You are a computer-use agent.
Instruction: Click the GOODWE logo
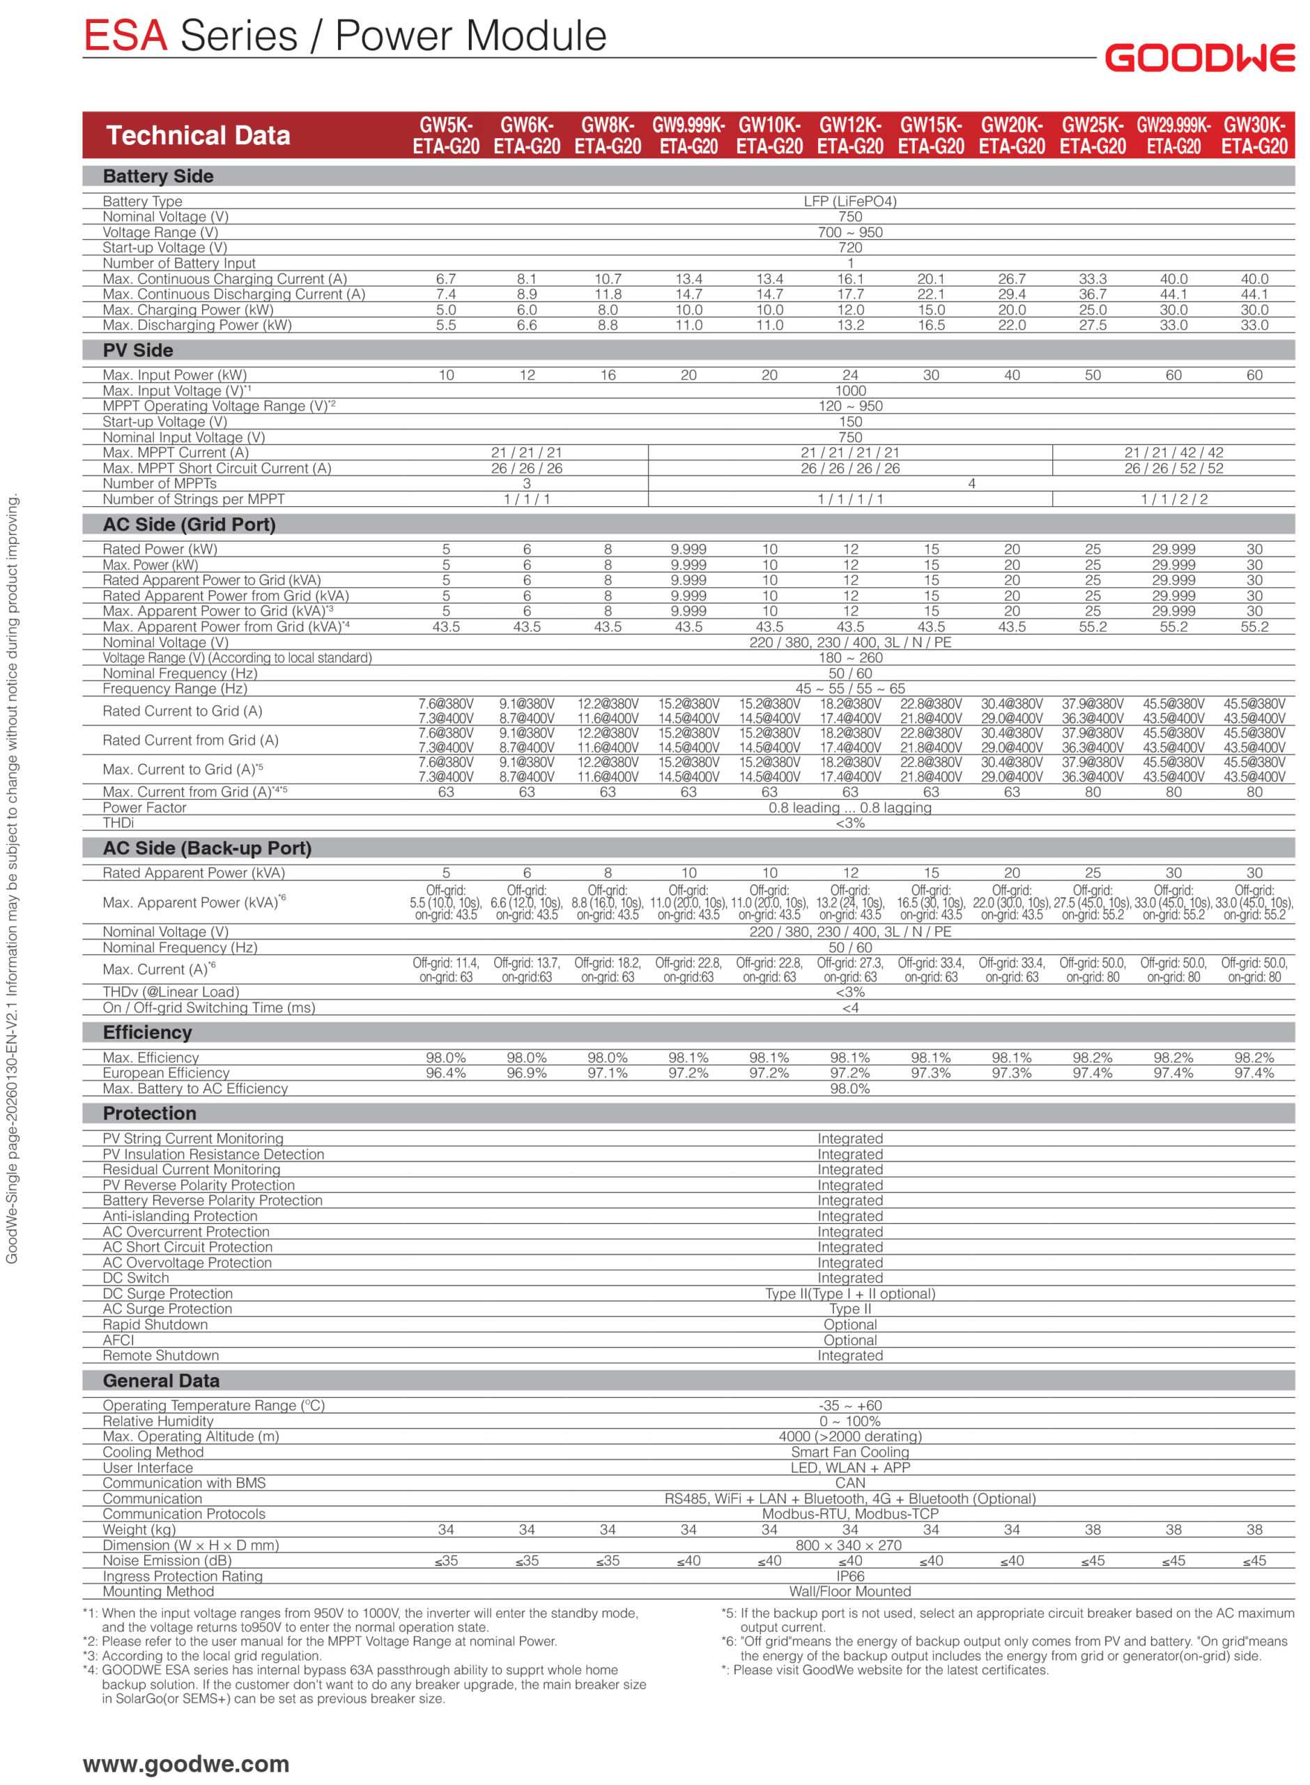click(1199, 58)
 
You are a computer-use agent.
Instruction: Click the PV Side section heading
click(137, 350)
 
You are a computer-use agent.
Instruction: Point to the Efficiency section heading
click(147, 1032)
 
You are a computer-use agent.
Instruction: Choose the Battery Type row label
click(142, 202)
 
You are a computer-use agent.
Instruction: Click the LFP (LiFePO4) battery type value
click(850, 202)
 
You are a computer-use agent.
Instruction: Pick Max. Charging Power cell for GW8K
click(608, 310)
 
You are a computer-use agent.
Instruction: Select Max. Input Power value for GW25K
click(1093, 375)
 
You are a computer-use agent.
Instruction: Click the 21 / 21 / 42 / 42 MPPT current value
click(1173, 453)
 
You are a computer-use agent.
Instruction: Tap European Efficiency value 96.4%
click(446, 1073)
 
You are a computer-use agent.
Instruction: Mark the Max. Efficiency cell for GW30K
click(1254, 1058)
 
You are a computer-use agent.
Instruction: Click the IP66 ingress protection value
click(850, 1577)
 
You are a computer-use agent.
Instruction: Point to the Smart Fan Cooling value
click(850, 1452)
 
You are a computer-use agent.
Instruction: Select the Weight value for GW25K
click(1093, 1530)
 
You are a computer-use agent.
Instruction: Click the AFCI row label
click(118, 1340)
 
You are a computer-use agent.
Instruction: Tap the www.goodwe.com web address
click(185, 1763)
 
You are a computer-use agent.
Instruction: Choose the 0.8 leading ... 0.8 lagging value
click(850, 807)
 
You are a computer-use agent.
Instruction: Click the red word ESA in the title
click(125, 36)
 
